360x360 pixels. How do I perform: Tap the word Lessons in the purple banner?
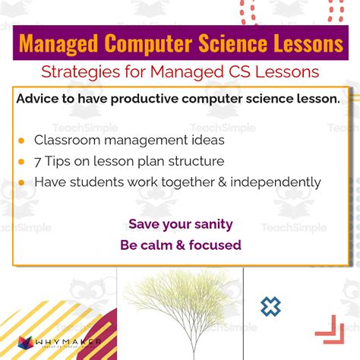[303, 44]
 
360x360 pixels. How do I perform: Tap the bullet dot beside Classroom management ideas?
[21, 141]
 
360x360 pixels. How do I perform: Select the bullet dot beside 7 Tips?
[21, 161]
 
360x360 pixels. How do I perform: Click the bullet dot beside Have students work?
[21, 182]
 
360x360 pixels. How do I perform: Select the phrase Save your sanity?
[180, 224]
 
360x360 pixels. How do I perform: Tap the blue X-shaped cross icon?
[270, 307]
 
